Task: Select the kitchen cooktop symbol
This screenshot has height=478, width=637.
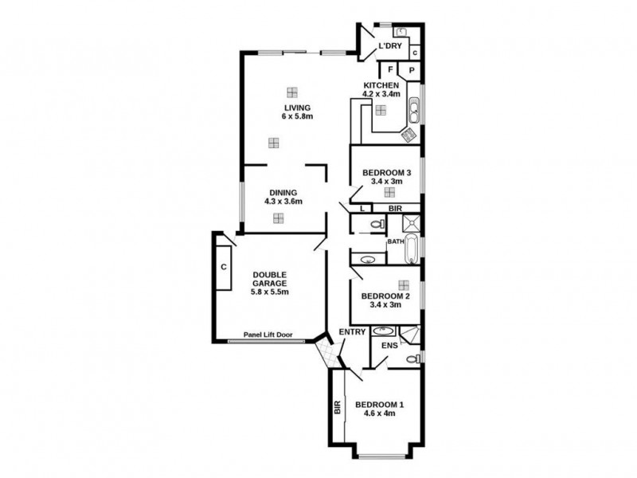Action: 411,134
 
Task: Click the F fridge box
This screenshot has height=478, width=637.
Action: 392,70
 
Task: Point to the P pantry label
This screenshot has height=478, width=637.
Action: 412,70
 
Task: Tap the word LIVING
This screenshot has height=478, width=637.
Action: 298,108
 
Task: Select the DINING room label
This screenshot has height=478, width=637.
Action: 283,193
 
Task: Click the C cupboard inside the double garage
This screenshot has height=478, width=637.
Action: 224,266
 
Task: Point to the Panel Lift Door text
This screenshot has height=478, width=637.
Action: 267,335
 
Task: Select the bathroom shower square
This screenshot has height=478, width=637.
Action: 412,224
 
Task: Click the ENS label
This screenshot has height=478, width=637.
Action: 389,347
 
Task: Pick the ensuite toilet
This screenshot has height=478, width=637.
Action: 411,360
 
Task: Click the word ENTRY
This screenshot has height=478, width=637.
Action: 352,331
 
